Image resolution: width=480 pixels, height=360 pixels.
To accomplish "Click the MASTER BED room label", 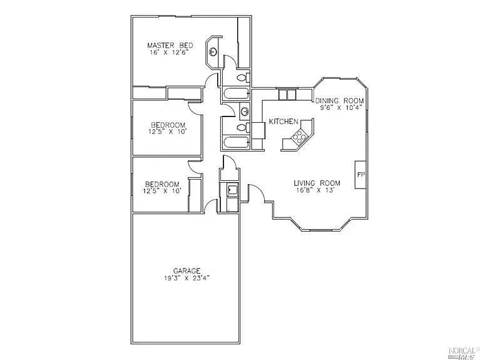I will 169,45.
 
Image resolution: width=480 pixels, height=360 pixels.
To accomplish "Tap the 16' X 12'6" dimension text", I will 170,53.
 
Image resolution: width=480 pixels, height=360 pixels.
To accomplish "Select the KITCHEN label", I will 283,121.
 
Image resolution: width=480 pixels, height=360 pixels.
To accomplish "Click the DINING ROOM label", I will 339,101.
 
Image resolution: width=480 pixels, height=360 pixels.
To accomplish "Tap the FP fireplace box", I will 360,175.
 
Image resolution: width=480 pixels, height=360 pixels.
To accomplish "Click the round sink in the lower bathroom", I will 243,112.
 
